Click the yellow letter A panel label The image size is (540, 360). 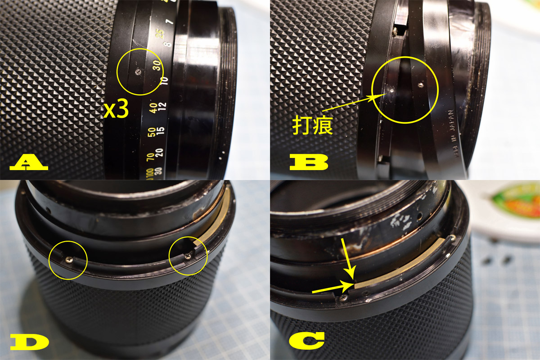pyautogui.click(x=28, y=162)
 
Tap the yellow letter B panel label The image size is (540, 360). pyautogui.click(x=309, y=162)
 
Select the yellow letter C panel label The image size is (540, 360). pyautogui.click(x=307, y=341)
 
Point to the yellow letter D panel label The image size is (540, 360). pyautogui.click(x=30, y=342)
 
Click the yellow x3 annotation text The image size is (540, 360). pyautogui.click(x=116, y=110)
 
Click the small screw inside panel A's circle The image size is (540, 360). pyautogui.click(x=138, y=70)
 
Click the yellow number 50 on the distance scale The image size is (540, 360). pyautogui.click(x=152, y=133)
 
